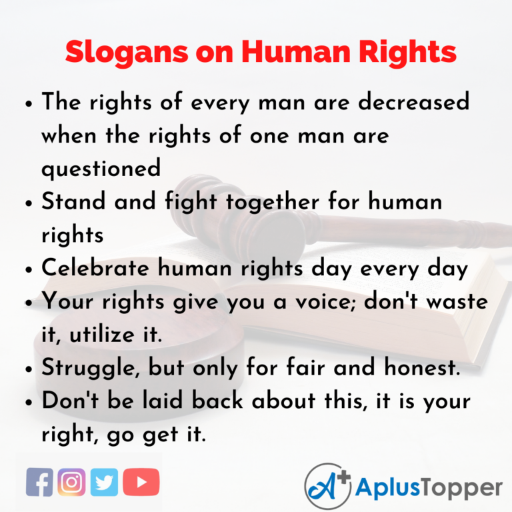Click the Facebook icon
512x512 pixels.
click(x=39, y=482)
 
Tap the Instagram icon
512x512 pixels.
click(x=72, y=482)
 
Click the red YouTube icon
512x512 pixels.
click(x=141, y=482)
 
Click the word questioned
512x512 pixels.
click(x=101, y=167)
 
